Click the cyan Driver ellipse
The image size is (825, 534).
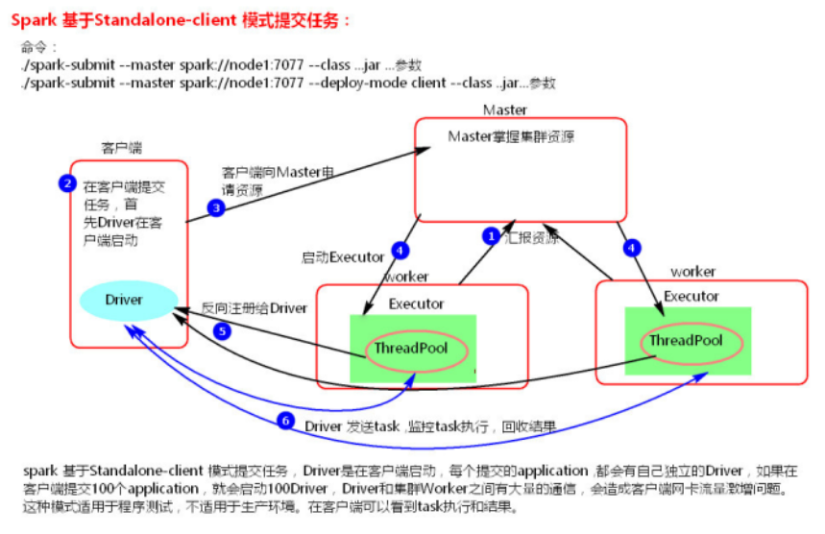[124, 300]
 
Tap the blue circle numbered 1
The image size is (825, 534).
[491, 235]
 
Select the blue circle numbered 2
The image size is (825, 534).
[66, 183]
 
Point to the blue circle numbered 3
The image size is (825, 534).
[217, 207]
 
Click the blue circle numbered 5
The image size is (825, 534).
[223, 331]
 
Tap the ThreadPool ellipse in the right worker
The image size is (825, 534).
[685, 341]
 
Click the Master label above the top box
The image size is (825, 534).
[505, 110]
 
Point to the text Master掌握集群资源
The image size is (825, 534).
[511, 137]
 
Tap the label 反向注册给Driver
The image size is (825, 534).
[255, 308]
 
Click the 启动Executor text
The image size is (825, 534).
[343, 257]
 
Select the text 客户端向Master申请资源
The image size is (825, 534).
[278, 182]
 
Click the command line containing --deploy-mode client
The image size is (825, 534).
[287, 83]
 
